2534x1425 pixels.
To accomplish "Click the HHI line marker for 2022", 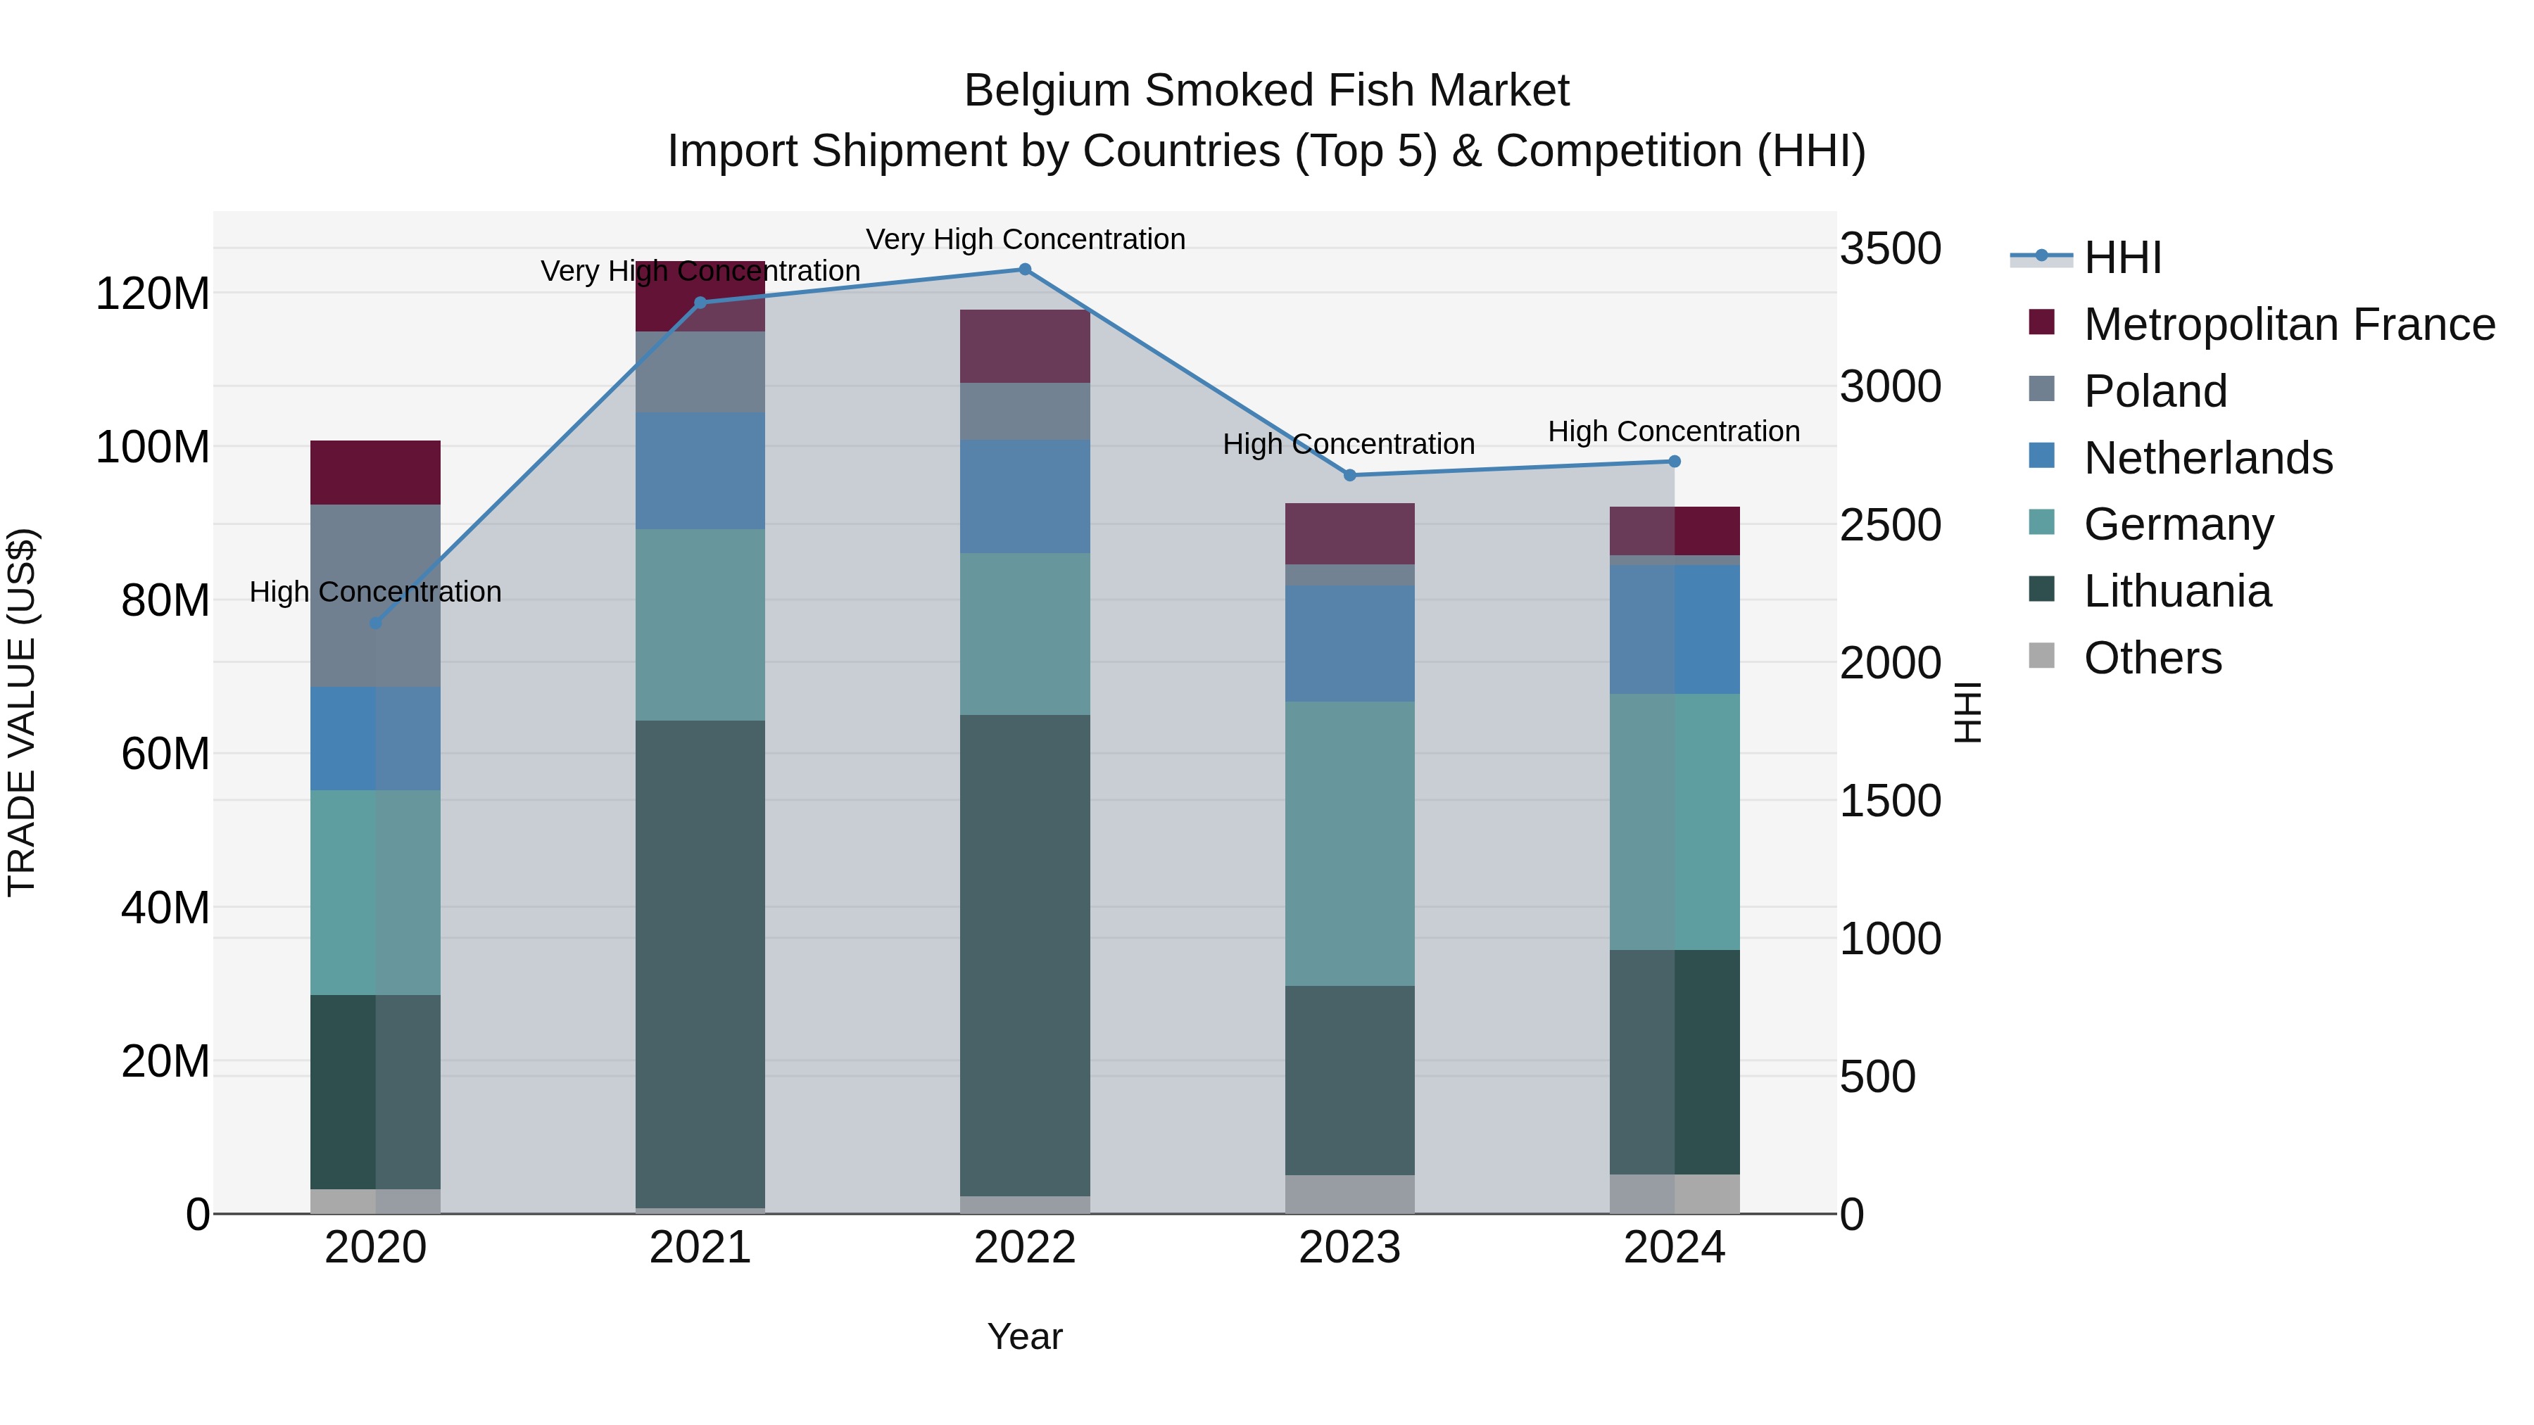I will [x=1025, y=270].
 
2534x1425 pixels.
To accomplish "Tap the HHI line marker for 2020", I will [x=376, y=623].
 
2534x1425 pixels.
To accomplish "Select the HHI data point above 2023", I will [x=1349, y=475].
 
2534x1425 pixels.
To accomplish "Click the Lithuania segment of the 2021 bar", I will [x=700, y=964].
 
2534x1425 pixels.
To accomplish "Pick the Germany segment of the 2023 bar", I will [x=1349, y=843].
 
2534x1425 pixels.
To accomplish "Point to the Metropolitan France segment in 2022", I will [x=1025, y=346].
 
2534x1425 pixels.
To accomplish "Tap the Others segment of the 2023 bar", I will [x=1349, y=1194].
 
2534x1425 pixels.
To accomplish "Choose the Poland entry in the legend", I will [x=2155, y=391].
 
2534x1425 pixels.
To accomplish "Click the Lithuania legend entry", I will [x=2177, y=592].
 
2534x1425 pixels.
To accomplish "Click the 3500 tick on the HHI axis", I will [x=1891, y=249].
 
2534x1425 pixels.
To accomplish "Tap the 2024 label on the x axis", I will [x=1675, y=1248].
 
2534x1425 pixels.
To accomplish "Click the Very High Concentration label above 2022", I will [x=1025, y=239].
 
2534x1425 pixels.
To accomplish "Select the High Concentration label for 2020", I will [x=376, y=592].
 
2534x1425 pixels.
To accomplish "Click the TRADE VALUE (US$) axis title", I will [x=22, y=712].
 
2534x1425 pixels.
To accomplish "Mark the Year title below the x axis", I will [x=1025, y=1336].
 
